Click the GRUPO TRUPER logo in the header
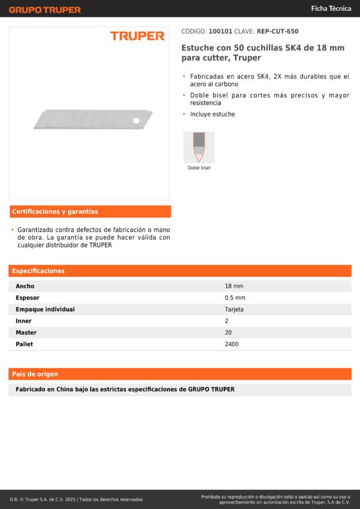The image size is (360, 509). tap(44, 10)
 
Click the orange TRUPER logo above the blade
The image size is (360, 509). tap(137, 36)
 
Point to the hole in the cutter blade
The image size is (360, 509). tap(136, 121)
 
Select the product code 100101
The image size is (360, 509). tap(220, 31)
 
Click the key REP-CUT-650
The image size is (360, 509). tap(277, 31)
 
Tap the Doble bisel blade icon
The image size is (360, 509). tap(199, 147)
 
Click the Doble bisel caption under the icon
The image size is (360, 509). tap(199, 168)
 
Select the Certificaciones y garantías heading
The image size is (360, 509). tap(55, 212)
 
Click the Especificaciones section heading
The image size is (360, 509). tap(38, 271)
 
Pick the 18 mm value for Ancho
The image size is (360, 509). tap(234, 286)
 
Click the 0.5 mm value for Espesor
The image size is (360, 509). tap(235, 298)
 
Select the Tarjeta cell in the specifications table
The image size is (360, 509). tap(234, 309)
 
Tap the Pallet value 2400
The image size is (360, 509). tap(232, 344)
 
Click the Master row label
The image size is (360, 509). tap(26, 333)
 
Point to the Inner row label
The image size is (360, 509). tap(23, 321)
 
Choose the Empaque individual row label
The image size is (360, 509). tap(45, 309)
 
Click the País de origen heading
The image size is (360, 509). tap(35, 374)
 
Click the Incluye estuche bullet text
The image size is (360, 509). tap(212, 114)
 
